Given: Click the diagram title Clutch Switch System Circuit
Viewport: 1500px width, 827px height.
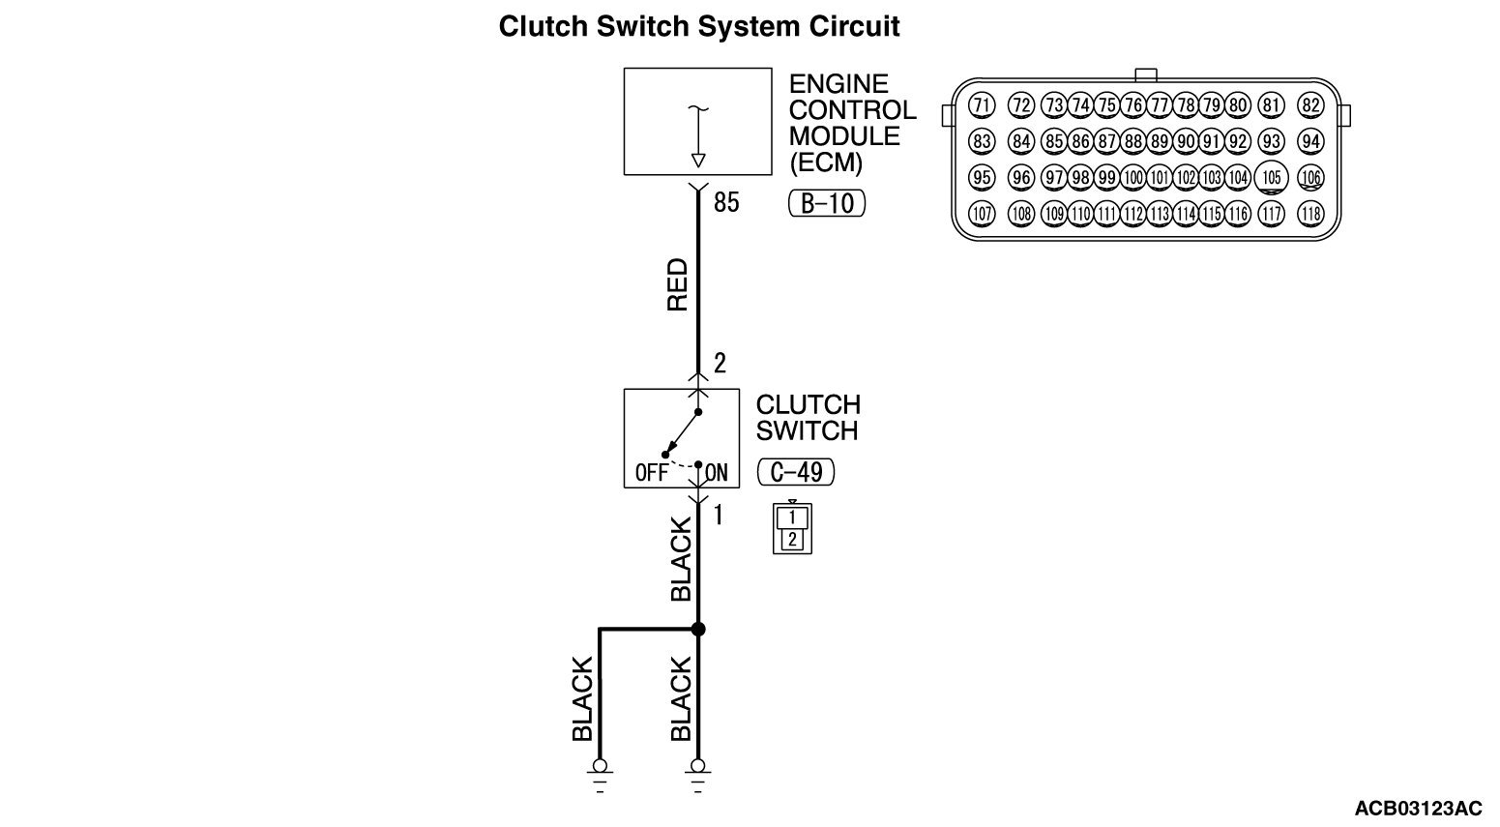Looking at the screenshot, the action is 699,27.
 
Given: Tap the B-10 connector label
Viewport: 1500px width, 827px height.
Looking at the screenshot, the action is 827,203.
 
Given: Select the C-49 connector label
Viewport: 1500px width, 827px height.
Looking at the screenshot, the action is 796,472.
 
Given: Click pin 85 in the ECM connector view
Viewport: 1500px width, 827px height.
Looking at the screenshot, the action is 1054,141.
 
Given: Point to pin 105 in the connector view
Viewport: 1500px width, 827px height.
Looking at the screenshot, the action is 1271,177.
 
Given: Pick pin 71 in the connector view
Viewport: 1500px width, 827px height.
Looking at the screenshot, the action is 982,105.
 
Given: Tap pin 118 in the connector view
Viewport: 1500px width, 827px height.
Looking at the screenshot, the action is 1310,214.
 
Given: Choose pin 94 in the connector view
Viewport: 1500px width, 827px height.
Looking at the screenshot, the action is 1310,141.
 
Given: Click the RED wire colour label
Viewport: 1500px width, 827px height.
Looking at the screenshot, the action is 678,284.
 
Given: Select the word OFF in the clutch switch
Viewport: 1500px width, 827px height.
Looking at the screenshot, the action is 652,473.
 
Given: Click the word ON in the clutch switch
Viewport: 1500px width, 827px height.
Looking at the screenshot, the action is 717,473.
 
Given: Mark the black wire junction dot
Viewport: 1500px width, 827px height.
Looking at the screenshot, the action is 698,630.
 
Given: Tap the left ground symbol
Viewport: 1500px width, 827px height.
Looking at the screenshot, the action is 600,776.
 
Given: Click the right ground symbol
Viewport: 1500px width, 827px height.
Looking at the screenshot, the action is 698,776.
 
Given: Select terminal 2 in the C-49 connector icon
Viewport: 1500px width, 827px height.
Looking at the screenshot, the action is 792,540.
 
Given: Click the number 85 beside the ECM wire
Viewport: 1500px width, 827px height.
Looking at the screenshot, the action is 726,202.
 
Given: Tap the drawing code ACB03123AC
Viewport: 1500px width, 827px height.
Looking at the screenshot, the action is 1419,809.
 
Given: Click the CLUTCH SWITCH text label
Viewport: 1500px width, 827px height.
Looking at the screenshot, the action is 808,418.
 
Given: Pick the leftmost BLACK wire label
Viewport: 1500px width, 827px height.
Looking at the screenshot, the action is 582,699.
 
